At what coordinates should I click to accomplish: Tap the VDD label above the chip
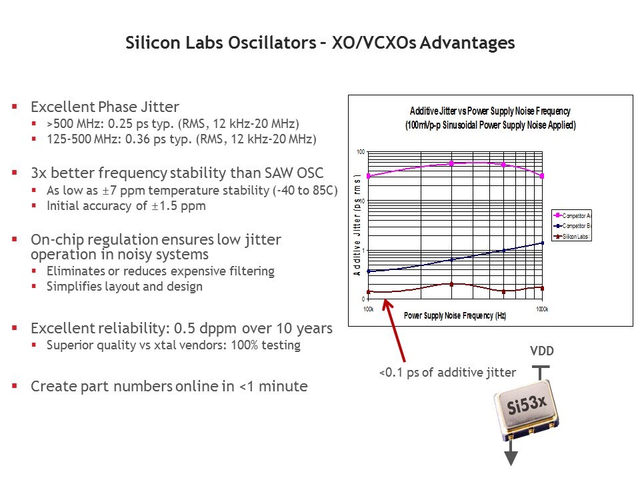point(541,351)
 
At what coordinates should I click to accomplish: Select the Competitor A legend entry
point(572,215)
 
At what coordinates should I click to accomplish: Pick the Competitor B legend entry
point(572,226)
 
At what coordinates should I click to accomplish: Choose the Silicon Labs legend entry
point(571,236)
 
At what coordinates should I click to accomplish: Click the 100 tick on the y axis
point(361,152)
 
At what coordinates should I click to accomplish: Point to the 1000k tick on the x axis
point(542,309)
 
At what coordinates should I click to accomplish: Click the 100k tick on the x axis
point(368,309)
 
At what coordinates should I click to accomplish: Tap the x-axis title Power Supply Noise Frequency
point(455,315)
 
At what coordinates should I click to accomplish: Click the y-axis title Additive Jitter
point(357,226)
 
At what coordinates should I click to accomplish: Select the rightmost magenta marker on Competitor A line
point(542,176)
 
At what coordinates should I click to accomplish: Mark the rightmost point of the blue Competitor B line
point(542,243)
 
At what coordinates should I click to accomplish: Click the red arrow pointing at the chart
point(394,331)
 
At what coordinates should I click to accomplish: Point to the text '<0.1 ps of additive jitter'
point(447,372)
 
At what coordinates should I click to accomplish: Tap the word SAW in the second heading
point(279,173)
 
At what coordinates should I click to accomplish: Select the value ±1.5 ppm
point(179,206)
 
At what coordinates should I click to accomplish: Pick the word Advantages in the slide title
point(467,43)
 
